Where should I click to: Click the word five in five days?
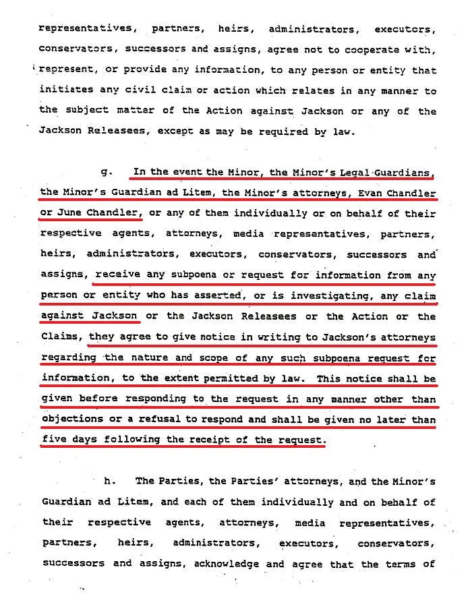53,440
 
